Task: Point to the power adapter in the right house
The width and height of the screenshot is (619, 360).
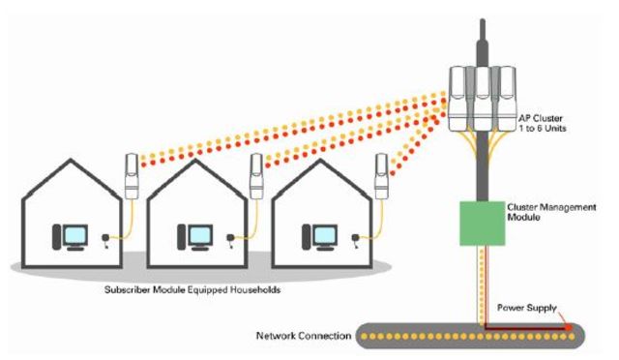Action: pos(349,237)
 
